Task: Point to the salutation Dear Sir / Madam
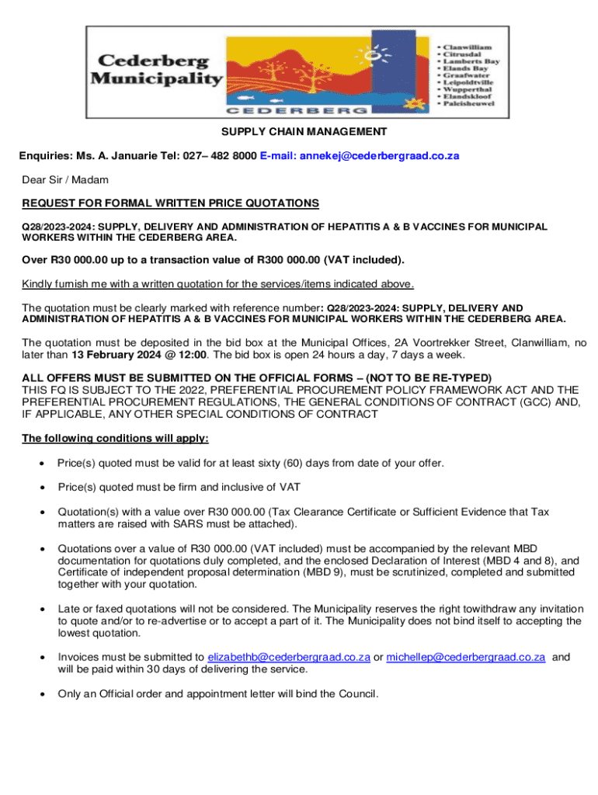click(65, 180)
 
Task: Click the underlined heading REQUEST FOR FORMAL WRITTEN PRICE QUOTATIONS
click(170, 203)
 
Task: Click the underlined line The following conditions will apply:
click(115, 439)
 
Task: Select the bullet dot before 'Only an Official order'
click(40, 694)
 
